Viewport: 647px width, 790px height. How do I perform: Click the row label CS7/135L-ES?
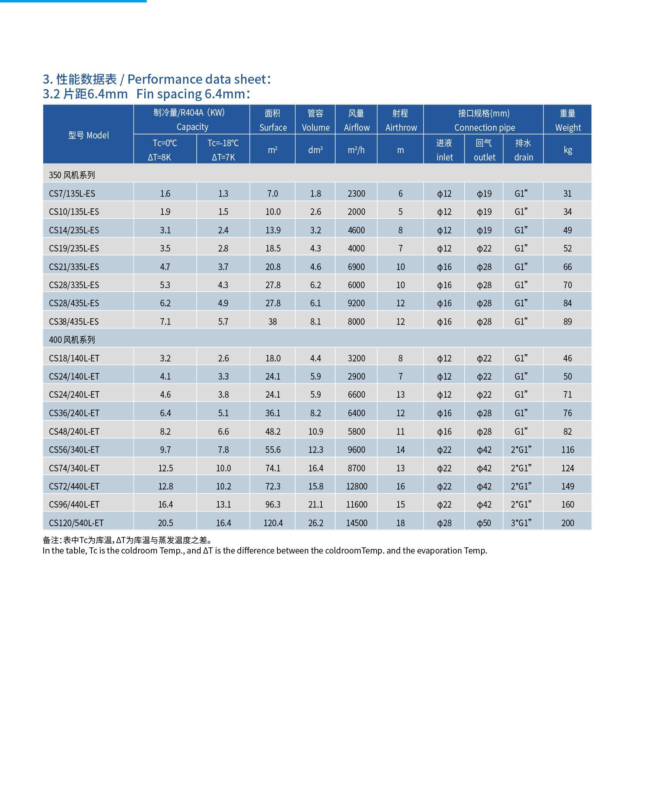click(72, 194)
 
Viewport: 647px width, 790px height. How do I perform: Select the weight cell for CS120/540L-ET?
click(568, 523)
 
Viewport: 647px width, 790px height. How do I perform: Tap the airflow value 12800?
click(356, 486)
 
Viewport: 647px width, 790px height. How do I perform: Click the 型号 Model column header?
click(89, 135)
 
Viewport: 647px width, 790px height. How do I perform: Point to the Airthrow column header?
click(401, 128)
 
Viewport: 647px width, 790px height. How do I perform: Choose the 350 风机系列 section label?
click(72, 175)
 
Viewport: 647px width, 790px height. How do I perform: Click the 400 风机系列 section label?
click(72, 340)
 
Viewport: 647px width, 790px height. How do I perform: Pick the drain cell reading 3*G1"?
click(521, 523)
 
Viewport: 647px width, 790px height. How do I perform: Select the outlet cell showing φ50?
click(484, 523)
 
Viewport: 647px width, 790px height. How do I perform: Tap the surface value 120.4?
click(273, 523)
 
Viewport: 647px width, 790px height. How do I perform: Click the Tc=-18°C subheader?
click(223, 143)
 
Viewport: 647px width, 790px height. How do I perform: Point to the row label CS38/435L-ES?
click(74, 322)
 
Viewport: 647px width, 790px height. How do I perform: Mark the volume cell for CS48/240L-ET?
click(316, 432)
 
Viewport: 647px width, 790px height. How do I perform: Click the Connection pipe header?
click(485, 128)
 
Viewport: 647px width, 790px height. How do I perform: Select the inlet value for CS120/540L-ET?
click(444, 523)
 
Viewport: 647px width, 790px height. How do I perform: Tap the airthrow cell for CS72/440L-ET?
click(400, 486)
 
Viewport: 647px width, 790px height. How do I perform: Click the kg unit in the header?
click(568, 150)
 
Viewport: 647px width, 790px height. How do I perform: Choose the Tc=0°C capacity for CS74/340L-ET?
click(166, 468)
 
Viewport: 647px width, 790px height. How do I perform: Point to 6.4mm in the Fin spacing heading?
click(108, 94)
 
